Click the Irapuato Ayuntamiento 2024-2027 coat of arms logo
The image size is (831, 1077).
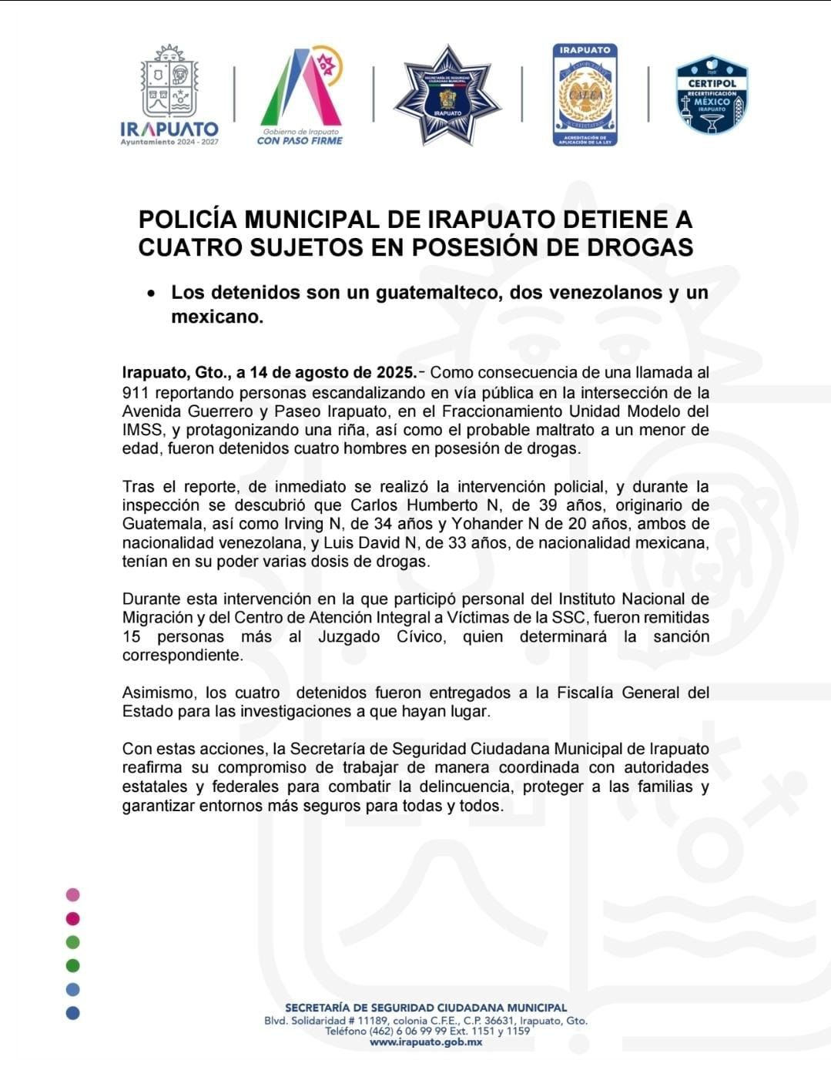point(169,95)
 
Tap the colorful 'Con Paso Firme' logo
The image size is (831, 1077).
point(300,95)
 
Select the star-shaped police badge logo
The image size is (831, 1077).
point(447,95)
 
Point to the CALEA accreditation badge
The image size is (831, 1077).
point(585,95)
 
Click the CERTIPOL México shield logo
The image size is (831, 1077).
point(712,95)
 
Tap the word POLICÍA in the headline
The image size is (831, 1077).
point(188,220)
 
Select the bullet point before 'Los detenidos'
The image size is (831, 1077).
point(153,294)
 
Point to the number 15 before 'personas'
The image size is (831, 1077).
point(131,637)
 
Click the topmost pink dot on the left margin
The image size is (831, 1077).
point(73,895)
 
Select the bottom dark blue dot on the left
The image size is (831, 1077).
point(73,1013)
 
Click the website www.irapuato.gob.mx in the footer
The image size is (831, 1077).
point(426,1042)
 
